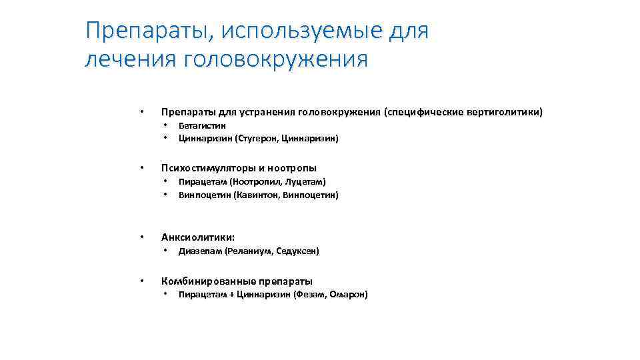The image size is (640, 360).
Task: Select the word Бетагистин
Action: click(x=202, y=125)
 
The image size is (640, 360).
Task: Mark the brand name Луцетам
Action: click(x=305, y=181)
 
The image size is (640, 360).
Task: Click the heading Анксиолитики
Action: click(x=198, y=237)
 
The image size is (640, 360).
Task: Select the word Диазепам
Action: click(x=200, y=251)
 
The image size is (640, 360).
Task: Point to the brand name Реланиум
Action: click(x=249, y=251)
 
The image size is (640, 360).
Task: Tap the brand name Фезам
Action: click(x=310, y=295)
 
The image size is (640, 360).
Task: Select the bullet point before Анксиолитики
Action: click(x=141, y=237)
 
